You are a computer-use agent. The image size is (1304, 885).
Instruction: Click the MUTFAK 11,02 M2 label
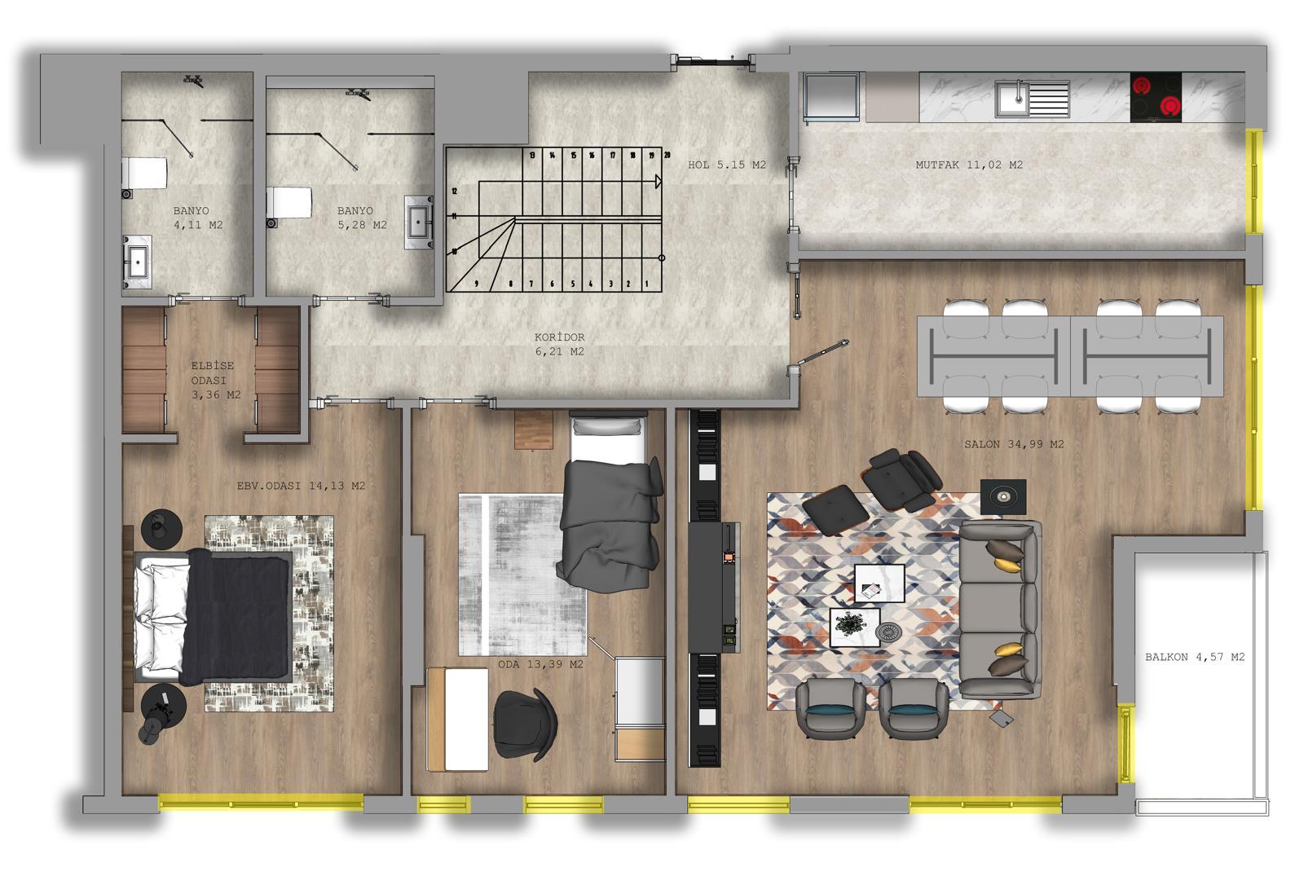(x=969, y=165)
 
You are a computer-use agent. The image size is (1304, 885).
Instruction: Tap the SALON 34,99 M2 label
(x=1014, y=444)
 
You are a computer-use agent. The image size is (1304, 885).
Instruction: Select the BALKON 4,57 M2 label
(x=1195, y=657)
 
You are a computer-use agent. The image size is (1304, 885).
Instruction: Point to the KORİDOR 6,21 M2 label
(x=559, y=344)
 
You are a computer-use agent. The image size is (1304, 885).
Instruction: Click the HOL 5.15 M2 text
(x=726, y=165)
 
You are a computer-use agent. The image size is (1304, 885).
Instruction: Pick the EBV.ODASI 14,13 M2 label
(x=301, y=486)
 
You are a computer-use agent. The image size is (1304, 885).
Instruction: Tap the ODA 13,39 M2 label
(x=540, y=664)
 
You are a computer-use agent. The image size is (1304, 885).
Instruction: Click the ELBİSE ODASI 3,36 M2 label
(x=215, y=381)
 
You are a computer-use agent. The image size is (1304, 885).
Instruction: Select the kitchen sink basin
(x=1011, y=99)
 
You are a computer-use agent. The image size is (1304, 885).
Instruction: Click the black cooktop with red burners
(x=1156, y=97)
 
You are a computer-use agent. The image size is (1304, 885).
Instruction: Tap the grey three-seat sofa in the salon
(x=999, y=610)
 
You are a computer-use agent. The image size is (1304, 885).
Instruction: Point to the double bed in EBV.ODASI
(x=213, y=617)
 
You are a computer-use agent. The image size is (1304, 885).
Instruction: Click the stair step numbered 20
(x=667, y=156)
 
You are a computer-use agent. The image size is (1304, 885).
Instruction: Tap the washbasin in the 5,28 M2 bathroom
(x=419, y=222)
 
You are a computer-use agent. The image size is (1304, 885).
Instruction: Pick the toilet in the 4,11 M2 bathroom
(x=143, y=173)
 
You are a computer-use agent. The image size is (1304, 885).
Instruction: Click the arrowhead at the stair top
(x=659, y=182)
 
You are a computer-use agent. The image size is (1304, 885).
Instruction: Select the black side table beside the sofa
(x=1003, y=496)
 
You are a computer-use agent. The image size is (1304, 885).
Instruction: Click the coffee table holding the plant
(x=854, y=627)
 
